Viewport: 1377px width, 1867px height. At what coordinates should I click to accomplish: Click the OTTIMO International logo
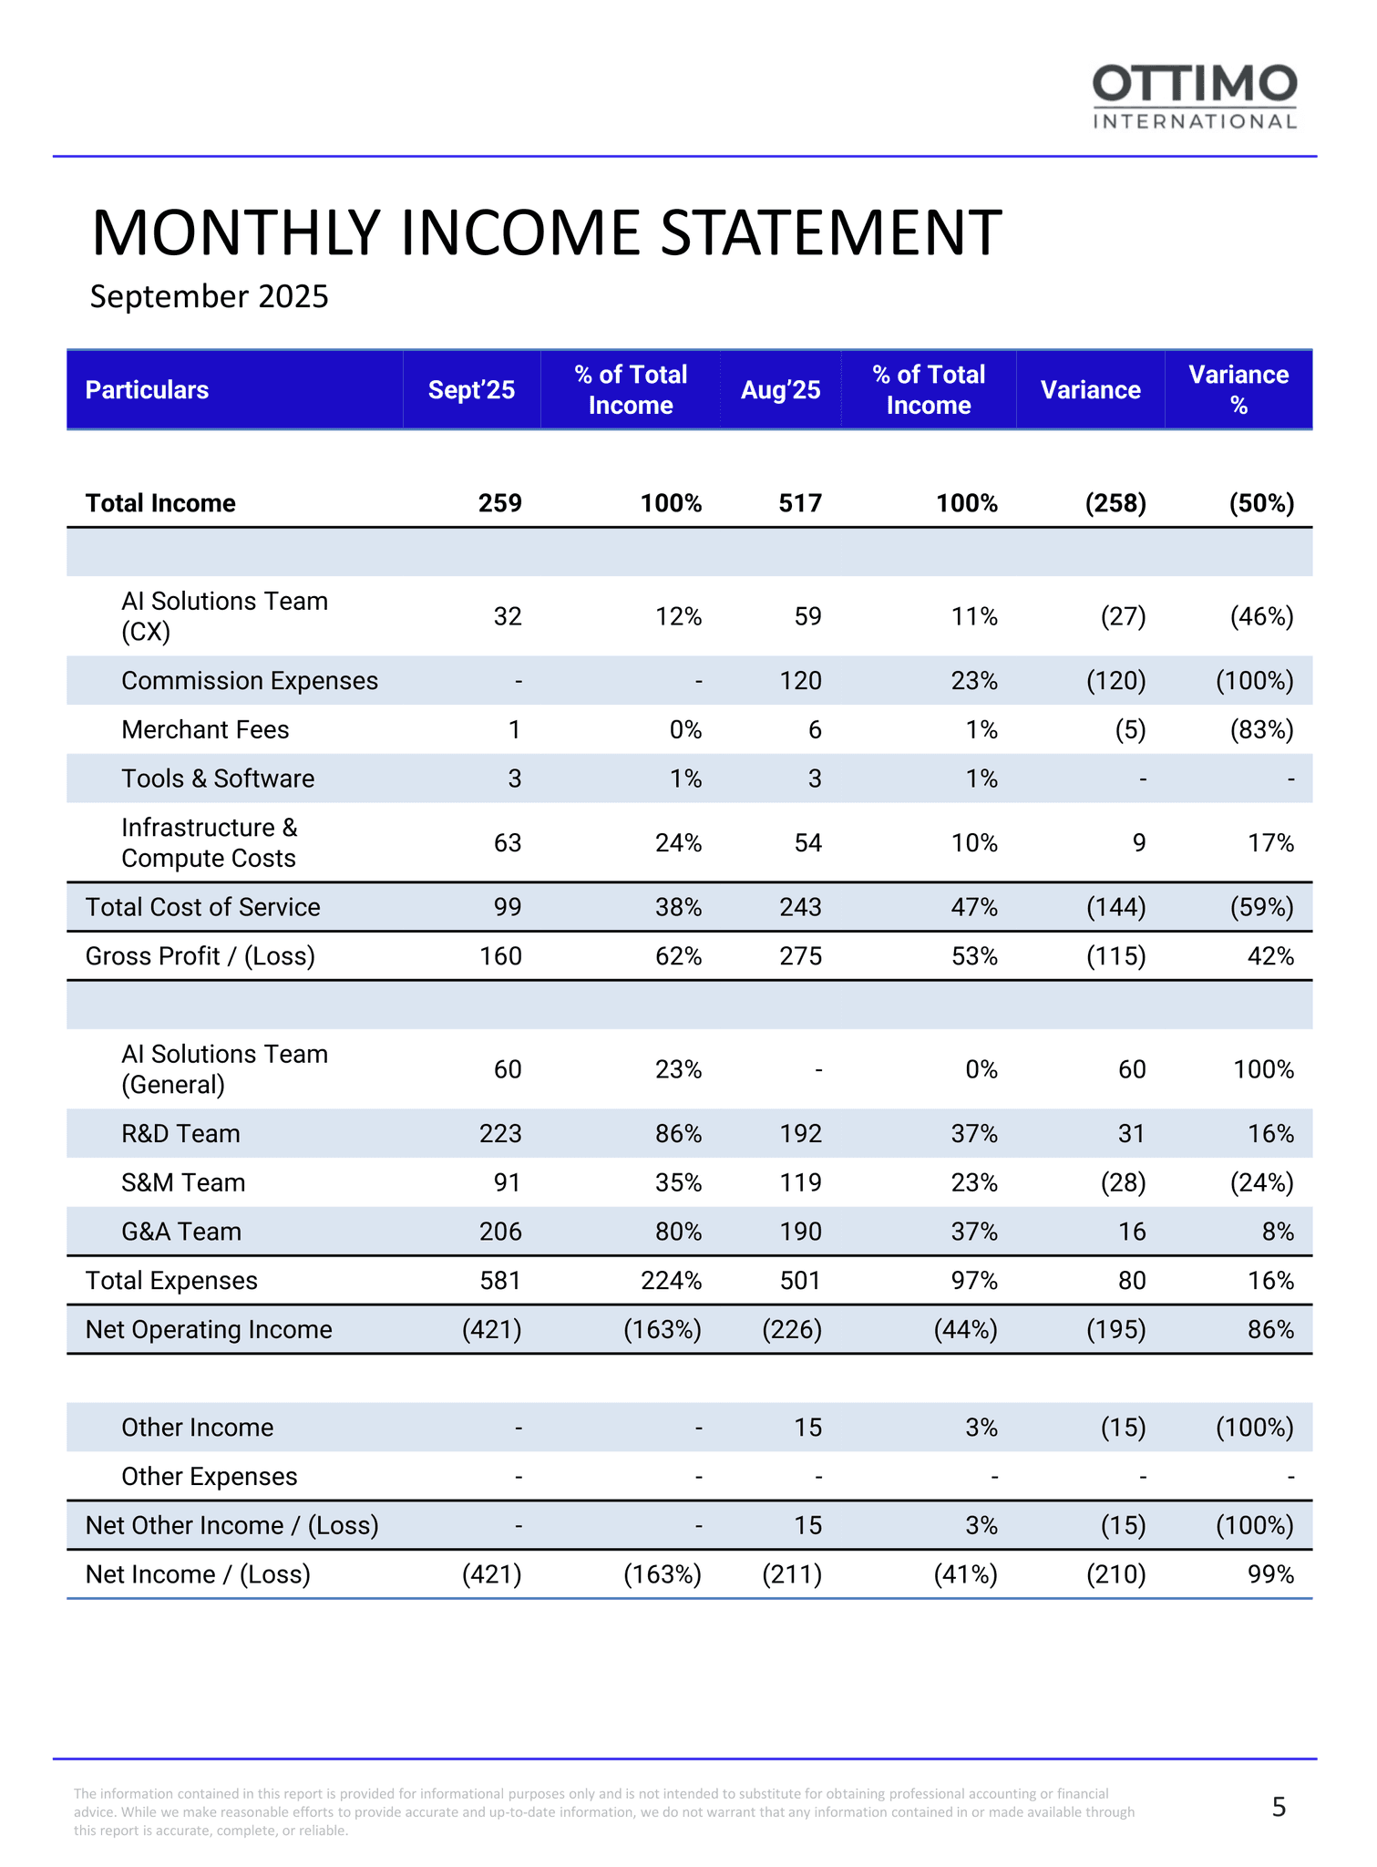pyautogui.click(x=1195, y=97)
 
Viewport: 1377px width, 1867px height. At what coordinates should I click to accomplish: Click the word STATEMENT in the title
pyautogui.click(x=830, y=233)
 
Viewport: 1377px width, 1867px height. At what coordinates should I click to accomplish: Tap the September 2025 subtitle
pyautogui.click(x=209, y=297)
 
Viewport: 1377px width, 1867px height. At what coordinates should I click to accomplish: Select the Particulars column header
pyautogui.click(x=147, y=390)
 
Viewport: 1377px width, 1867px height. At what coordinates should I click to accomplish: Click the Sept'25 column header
pyautogui.click(x=471, y=390)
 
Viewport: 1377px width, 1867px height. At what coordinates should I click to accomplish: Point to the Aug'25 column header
pyautogui.click(x=780, y=390)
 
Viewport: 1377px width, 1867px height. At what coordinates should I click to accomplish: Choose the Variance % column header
pyautogui.click(x=1238, y=390)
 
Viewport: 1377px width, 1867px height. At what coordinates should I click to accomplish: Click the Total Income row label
pyautogui.click(x=160, y=503)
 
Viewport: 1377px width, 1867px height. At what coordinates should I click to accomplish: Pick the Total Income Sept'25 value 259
pyautogui.click(x=500, y=503)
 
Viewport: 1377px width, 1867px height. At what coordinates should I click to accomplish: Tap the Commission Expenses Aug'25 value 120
pyautogui.click(x=800, y=681)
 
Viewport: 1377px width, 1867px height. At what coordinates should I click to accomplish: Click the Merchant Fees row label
pyautogui.click(x=205, y=730)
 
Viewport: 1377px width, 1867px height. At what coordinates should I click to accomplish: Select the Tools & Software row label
pyautogui.click(x=218, y=779)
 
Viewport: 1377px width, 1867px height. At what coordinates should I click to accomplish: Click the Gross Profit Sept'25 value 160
pyautogui.click(x=500, y=956)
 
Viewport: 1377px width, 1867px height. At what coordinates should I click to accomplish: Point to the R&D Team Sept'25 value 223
pyautogui.click(x=500, y=1134)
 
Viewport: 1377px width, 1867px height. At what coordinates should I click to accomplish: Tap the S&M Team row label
pyautogui.click(x=183, y=1183)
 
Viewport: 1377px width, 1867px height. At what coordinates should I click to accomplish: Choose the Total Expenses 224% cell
pyautogui.click(x=671, y=1281)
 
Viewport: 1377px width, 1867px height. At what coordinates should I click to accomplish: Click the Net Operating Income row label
pyautogui.click(x=209, y=1330)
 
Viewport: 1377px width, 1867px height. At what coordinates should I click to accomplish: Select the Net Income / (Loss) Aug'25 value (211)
pyautogui.click(x=792, y=1574)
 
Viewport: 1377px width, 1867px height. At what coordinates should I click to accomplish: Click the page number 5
pyautogui.click(x=1279, y=1807)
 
